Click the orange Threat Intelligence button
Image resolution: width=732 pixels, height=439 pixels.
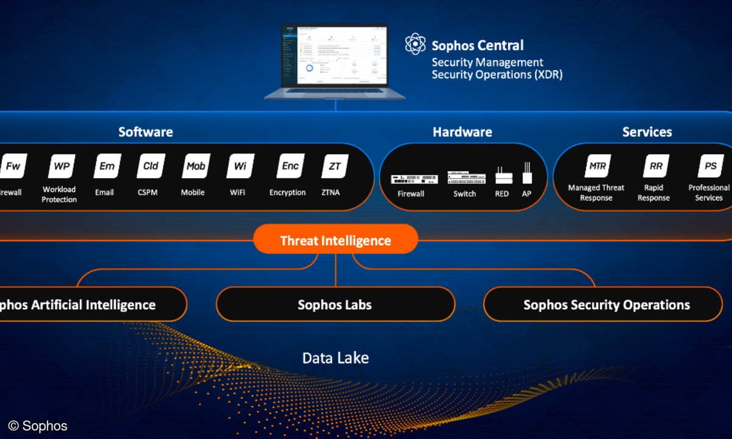(x=335, y=240)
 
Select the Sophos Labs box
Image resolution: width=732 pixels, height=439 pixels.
(x=335, y=304)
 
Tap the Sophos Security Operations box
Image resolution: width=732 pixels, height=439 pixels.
(x=606, y=304)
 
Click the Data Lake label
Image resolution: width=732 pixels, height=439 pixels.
(x=335, y=357)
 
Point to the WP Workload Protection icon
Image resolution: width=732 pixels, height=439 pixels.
(x=62, y=166)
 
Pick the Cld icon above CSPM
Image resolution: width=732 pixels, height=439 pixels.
(x=151, y=166)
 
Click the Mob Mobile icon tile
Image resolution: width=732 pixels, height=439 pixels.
(x=196, y=166)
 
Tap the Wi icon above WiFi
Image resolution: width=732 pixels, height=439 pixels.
(x=240, y=166)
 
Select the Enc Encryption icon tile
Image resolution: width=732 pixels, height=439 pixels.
(x=290, y=166)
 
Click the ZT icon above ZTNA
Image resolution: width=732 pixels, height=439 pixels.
(x=335, y=166)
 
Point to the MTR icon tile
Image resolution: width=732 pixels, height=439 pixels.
(x=597, y=166)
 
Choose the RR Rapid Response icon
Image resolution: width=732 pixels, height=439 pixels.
(x=656, y=166)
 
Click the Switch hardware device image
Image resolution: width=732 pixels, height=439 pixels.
(x=466, y=177)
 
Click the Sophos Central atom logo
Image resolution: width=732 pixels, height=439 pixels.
(x=415, y=44)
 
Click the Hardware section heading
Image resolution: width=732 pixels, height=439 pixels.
(x=462, y=132)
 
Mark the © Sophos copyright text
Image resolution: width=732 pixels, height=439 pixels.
(x=38, y=426)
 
